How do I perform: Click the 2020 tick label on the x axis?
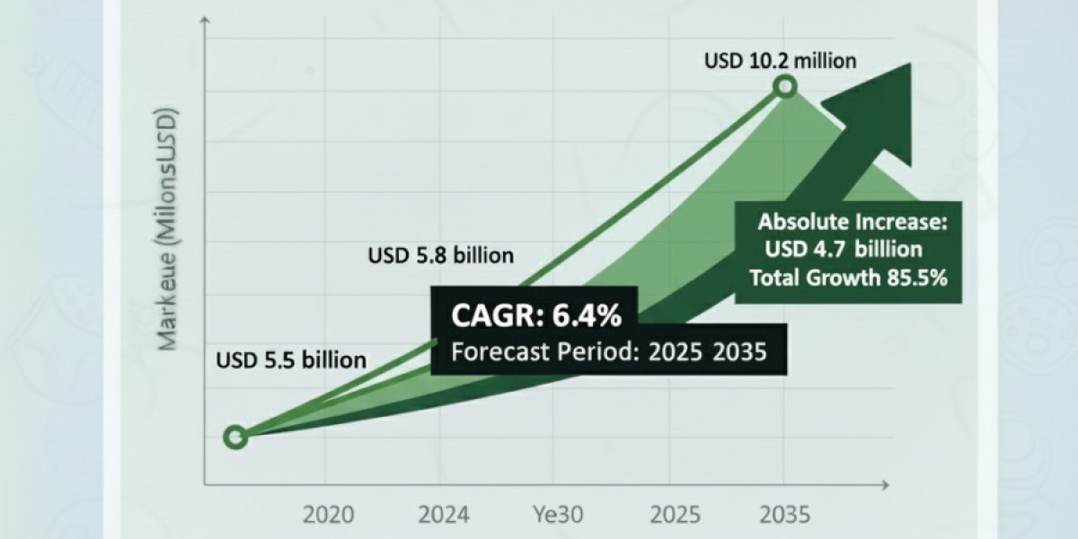point(328,515)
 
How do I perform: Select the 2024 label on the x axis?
point(443,515)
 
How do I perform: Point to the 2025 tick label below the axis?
point(675,515)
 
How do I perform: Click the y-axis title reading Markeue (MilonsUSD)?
point(168,229)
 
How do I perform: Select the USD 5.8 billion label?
point(441,256)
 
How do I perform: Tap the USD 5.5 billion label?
point(291,360)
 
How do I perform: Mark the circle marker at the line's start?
point(235,437)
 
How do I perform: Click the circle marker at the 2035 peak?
point(785,87)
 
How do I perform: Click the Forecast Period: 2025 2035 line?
point(609,351)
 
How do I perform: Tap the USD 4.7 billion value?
point(844,250)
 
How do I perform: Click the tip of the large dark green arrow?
point(909,66)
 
